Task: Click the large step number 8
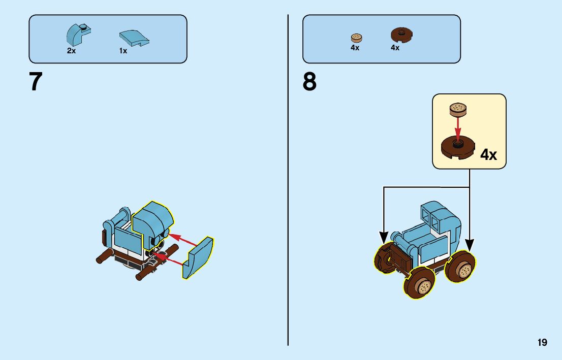tap(309, 82)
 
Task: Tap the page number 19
tap(542, 342)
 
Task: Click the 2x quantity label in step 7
tap(71, 51)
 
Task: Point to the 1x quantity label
tap(123, 51)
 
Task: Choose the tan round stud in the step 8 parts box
tap(356, 38)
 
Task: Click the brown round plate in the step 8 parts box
tap(401, 35)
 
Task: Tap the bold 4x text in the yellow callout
tap(488, 155)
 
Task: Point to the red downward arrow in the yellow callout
tap(458, 127)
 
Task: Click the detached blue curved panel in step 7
tap(199, 258)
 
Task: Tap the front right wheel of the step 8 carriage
tap(461, 268)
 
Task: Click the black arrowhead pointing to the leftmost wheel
tap(384, 237)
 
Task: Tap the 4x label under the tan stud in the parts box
tap(355, 48)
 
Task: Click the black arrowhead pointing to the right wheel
tap(469, 246)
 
